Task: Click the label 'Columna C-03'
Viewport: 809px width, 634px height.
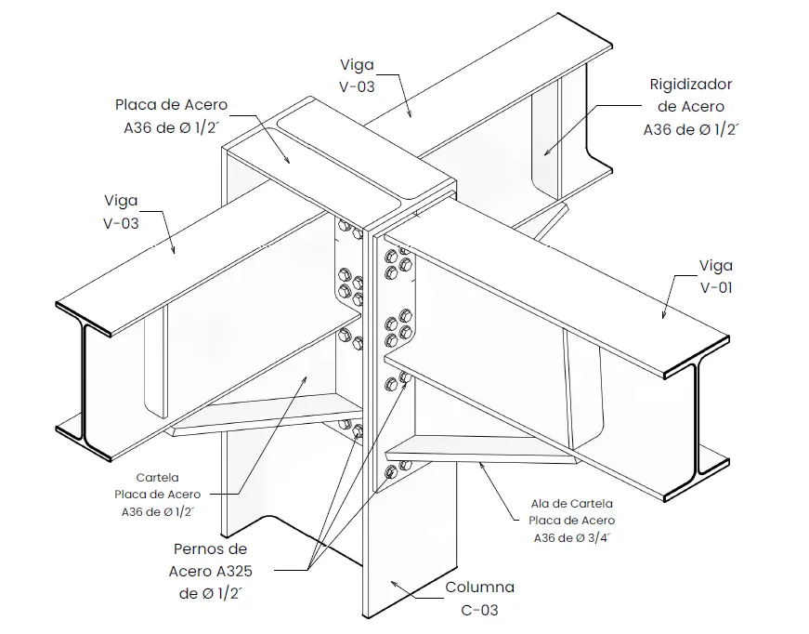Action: point(479,599)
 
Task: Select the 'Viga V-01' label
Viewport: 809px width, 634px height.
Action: point(715,276)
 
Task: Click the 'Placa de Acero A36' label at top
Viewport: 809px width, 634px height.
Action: point(171,116)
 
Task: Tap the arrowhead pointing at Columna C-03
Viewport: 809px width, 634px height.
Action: point(394,584)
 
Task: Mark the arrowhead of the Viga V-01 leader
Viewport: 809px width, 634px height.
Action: point(664,314)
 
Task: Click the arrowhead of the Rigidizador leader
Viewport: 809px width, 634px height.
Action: point(547,152)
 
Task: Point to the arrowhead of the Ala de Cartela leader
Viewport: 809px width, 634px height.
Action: point(482,465)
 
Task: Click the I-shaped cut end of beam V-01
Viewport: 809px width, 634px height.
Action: point(697,418)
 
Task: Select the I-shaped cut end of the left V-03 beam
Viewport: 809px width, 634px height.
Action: point(84,381)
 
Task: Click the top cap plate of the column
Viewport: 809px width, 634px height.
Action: point(341,163)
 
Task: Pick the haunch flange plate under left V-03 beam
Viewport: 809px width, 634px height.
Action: point(267,414)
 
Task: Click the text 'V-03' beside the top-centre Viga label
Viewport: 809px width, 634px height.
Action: point(357,86)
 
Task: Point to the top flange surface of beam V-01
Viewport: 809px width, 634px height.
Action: point(557,305)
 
